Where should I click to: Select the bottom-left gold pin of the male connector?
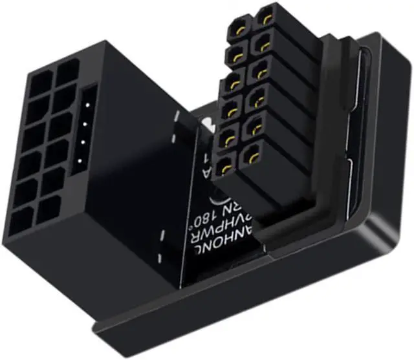[226, 167]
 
